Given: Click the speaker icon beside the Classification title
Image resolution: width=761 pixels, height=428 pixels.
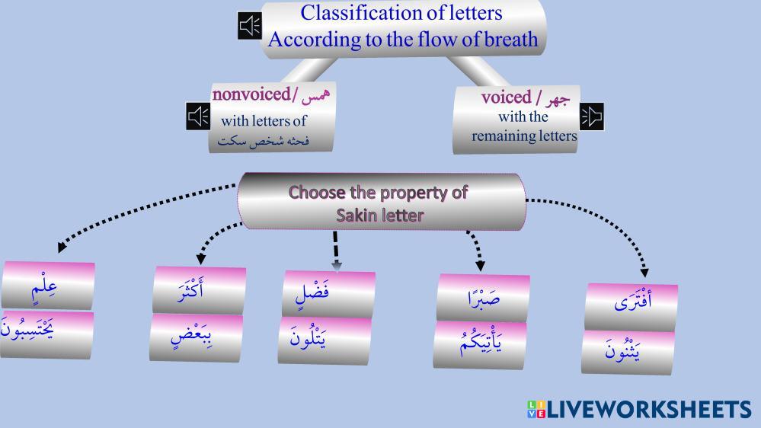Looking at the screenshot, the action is point(249,27).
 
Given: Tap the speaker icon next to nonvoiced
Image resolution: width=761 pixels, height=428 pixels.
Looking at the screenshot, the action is point(198,117).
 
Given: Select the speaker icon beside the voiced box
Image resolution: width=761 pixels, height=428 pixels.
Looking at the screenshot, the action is point(592,116).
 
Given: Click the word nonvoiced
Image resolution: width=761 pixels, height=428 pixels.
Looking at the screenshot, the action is point(252,95).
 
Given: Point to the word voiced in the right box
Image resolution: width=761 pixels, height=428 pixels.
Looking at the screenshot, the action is point(506,97).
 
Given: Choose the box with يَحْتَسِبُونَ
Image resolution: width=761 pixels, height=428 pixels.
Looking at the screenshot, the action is point(46,333).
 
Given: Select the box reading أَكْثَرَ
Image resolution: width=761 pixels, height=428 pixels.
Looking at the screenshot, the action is point(198,289).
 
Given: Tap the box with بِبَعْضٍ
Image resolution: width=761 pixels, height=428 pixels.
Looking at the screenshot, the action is point(196,336).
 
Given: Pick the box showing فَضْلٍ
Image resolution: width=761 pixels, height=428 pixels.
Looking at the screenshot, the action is point(328,292).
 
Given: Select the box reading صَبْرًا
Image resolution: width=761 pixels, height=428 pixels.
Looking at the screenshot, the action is point(483,297).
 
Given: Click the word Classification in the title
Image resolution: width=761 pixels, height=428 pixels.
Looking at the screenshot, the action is point(347,13).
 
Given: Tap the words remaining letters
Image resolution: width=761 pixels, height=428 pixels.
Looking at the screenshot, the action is point(524,137).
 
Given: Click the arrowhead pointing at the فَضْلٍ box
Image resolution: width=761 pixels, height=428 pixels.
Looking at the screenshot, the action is point(336,265).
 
